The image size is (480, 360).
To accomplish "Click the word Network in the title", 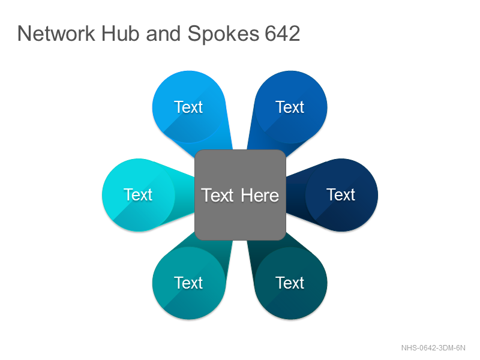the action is [56, 34].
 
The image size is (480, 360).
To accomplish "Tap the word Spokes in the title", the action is [223, 34].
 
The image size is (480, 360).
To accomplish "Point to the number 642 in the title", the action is [282, 34].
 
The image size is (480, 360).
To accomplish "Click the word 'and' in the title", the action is [163, 34].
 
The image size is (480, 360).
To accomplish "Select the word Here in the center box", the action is [260, 196].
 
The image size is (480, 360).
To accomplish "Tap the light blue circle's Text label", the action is [188, 107].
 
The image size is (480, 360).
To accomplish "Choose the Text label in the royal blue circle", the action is [290, 107].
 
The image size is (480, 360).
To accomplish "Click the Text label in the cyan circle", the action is [138, 194].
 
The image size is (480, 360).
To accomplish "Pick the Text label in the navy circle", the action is [341, 194].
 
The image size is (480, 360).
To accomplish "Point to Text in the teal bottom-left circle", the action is [188, 283].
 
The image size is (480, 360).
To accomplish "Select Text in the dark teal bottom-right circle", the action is [290, 283].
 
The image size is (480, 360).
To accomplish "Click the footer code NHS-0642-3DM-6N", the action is [433, 348].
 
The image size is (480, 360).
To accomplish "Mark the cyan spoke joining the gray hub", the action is [184, 194].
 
